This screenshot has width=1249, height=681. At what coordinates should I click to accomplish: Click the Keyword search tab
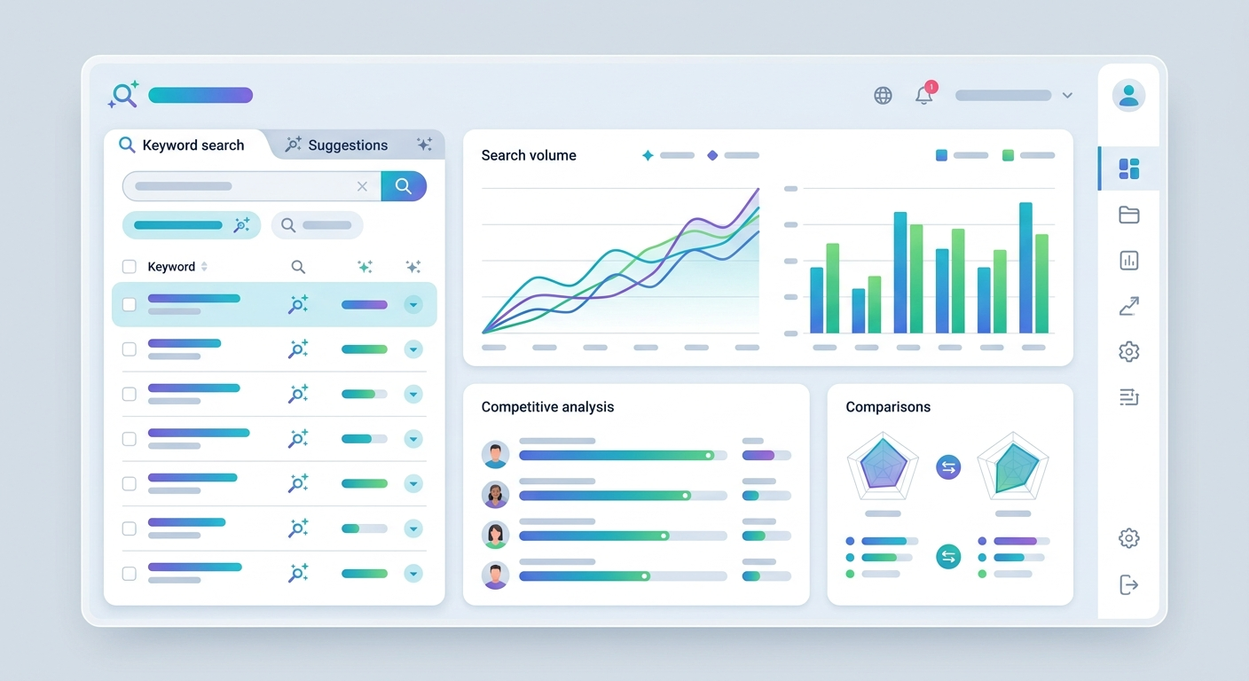pyautogui.click(x=183, y=145)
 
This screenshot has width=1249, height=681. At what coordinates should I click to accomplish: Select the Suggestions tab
pyautogui.click(x=336, y=145)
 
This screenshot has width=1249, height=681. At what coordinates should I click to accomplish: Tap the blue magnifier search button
pyautogui.click(x=404, y=186)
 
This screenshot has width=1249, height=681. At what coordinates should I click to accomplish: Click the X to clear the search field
pyautogui.click(x=362, y=186)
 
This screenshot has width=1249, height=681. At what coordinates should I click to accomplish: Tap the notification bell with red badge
pyautogui.click(x=925, y=94)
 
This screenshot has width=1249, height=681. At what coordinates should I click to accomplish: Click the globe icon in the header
pyautogui.click(x=883, y=95)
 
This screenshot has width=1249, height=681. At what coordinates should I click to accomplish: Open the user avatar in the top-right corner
pyautogui.click(x=1128, y=95)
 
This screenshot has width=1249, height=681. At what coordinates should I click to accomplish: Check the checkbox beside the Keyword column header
pyautogui.click(x=129, y=266)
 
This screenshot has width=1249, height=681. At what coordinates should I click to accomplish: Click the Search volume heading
pyautogui.click(x=529, y=155)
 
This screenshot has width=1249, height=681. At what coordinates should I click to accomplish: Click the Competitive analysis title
pyautogui.click(x=547, y=407)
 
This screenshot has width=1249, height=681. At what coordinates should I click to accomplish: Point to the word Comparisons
pyautogui.click(x=888, y=407)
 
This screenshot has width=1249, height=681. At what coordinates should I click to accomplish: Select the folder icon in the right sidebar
pyautogui.click(x=1128, y=215)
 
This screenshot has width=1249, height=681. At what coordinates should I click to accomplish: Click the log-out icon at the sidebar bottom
pyautogui.click(x=1128, y=584)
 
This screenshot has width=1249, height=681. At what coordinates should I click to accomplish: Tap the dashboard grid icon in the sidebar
pyautogui.click(x=1128, y=168)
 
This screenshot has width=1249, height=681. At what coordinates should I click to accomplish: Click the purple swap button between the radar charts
pyautogui.click(x=948, y=467)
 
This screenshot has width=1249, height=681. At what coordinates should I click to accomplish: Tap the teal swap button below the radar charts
pyautogui.click(x=948, y=556)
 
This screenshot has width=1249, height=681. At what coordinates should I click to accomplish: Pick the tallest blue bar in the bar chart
pyautogui.click(x=1025, y=268)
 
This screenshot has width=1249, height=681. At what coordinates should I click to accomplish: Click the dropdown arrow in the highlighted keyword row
pyautogui.click(x=413, y=305)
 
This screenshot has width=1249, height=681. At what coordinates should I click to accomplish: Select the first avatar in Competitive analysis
pyautogui.click(x=495, y=454)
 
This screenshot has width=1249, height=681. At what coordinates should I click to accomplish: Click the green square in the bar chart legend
pyautogui.click(x=1008, y=155)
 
